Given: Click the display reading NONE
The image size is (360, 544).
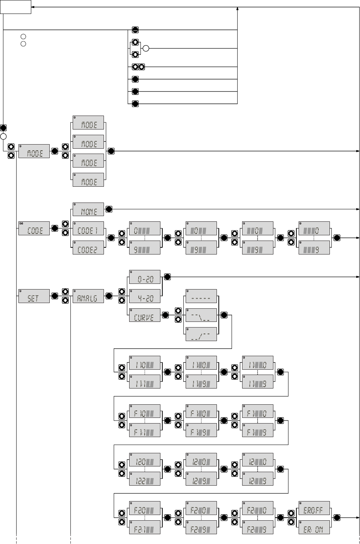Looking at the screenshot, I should point(88,210).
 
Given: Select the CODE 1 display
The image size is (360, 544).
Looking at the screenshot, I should point(88,229).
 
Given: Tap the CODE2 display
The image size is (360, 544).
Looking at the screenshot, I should point(88,247).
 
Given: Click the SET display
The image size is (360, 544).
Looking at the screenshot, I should point(34,296).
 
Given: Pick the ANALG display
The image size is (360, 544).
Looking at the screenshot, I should point(88,296).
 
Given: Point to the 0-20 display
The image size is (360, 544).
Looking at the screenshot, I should point(145,277).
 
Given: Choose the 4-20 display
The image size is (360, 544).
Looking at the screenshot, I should point(145,296).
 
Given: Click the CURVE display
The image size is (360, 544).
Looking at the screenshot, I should point(145,315).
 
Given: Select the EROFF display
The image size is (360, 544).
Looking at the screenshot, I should point(314,508).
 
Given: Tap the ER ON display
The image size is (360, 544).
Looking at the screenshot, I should point(314,527).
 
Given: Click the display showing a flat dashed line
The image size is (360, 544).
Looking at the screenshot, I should point(201,296).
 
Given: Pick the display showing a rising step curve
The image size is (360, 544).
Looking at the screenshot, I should point(201,334).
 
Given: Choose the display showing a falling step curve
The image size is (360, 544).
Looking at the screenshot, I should point(201,315).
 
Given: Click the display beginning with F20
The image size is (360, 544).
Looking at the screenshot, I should point(145,508).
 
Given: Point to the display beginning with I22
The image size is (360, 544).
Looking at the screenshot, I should point(145,479).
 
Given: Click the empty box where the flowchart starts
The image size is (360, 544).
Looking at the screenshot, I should point(15,7).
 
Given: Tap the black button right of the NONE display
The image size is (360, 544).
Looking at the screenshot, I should point(109,209).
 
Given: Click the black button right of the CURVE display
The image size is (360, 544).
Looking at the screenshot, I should point(165,315).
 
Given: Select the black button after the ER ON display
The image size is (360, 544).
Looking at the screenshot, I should point(337,517).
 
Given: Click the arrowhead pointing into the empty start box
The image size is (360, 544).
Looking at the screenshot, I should point(33,7).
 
